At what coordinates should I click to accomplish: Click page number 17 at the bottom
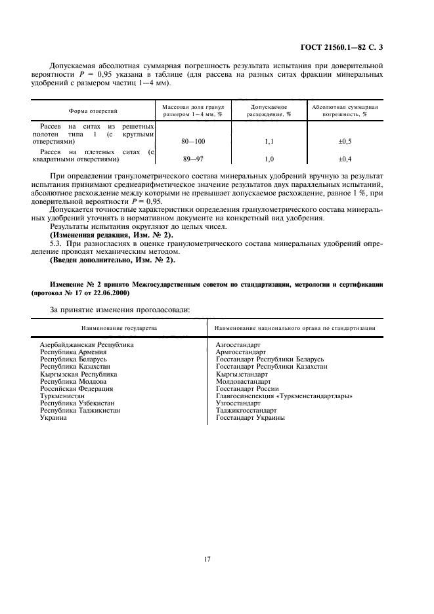207,559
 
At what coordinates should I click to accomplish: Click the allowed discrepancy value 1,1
268,141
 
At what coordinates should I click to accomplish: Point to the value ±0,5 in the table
343,141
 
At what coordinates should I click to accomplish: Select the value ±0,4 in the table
343,159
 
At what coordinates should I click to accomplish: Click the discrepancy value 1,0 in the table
268,159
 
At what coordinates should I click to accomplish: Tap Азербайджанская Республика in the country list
87,344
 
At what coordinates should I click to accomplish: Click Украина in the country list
54,418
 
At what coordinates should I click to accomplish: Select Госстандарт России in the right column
247,389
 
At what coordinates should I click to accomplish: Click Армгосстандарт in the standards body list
241,352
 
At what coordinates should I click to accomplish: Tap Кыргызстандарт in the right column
242,374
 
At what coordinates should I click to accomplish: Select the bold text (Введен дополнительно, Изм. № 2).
112,260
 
